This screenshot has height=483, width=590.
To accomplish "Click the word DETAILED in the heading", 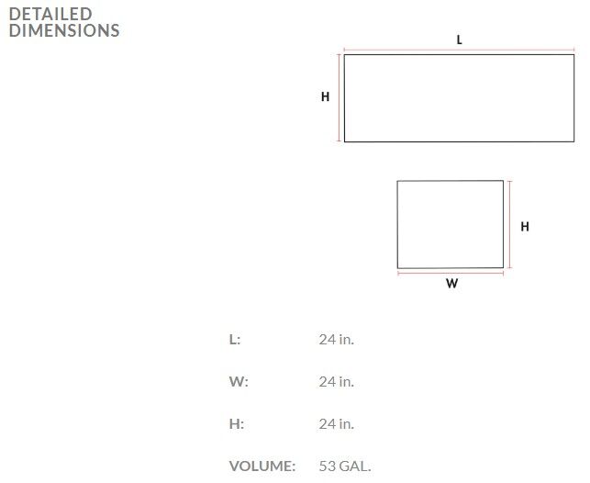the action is pyautogui.click(x=50, y=15).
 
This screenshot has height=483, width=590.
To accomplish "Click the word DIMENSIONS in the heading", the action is pyautogui.click(x=64, y=30).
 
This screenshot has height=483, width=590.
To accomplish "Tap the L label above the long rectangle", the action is pyautogui.click(x=459, y=39).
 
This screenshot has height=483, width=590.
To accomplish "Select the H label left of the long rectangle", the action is pyautogui.click(x=325, y=96).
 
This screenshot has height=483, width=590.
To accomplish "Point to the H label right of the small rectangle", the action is pyautogui.click(x=525, y=226).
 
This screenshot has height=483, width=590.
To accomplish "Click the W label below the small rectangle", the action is pyautogui.click(x=452, y=283).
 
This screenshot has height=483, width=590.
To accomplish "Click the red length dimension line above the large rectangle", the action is pyautogui.click(x=459, y=50).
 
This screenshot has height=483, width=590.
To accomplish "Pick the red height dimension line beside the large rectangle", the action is pyautogui.click(x=339, y=98).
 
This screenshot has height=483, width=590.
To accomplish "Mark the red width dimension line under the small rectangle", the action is pyautogui.click(x=451, y=274).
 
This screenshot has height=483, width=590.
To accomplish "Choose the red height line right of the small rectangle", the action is pyautogui.click(x=509, y=224).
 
